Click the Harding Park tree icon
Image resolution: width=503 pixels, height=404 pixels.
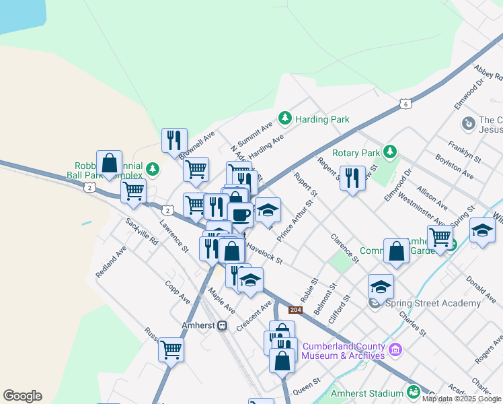285,119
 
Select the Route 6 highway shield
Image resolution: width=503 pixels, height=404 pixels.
404,104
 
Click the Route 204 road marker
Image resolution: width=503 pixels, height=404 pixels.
295,310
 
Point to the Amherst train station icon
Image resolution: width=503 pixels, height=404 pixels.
222,325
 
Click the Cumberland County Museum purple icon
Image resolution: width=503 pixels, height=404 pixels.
395,349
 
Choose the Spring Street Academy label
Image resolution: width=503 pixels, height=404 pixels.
433,303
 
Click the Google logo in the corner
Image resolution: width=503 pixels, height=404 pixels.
22,396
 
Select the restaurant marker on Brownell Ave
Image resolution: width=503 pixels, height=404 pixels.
174,140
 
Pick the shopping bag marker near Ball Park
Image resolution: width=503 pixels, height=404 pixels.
109,163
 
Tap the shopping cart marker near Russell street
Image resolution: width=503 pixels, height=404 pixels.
171,349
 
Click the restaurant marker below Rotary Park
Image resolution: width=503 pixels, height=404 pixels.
352,178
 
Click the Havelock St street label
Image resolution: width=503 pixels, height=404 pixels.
264,253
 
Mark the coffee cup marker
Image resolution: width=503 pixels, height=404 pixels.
240,215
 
